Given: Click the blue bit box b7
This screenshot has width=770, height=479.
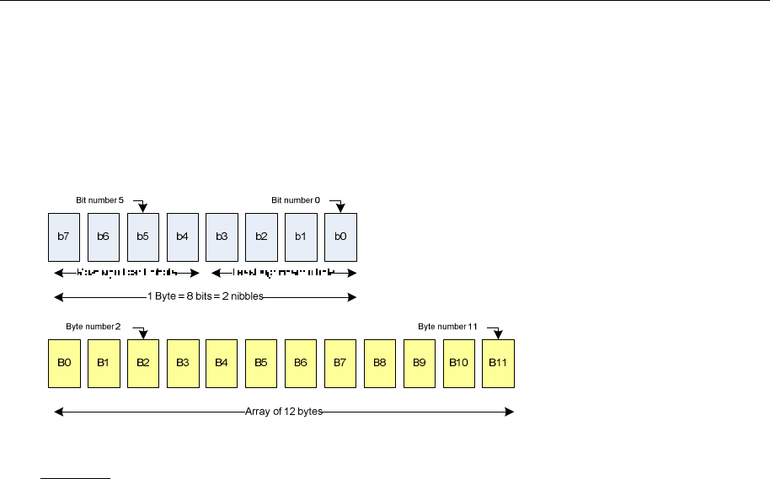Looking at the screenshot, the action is (x=64, y=237).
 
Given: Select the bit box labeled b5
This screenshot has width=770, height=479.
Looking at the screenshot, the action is (x=143, y=237).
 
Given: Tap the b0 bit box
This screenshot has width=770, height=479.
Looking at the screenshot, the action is (x=340, y=237).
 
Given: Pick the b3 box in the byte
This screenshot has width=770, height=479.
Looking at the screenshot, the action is (x=222, y=237).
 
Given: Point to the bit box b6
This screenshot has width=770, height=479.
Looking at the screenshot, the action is (x=104, y=237).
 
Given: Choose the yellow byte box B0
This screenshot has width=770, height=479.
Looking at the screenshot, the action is (x=64, y=363).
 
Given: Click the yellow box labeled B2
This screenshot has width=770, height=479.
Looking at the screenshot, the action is (x=143, y=363).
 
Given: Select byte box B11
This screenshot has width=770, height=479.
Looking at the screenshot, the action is (x=498, y=363).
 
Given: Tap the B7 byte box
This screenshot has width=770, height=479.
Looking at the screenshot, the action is (x=340, y=363).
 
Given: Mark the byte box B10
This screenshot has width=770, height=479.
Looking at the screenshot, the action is (x=458, y=363).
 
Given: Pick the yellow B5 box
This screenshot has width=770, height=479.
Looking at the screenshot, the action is (x=261, y=363).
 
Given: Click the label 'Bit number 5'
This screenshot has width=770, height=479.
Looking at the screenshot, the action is (x=99, y=200).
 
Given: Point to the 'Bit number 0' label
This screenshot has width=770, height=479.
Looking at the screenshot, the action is (x=296, y=200).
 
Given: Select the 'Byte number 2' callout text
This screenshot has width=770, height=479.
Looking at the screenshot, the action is (x=94, y=326).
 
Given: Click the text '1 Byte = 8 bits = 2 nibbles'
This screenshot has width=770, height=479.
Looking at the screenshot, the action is (x=206, y=296).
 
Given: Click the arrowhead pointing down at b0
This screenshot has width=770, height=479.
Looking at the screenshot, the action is (x=340, y=209).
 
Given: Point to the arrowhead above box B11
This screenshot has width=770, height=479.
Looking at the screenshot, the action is (x=498, y=334).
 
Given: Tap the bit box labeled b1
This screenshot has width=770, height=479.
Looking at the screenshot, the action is (x=301, y=237).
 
